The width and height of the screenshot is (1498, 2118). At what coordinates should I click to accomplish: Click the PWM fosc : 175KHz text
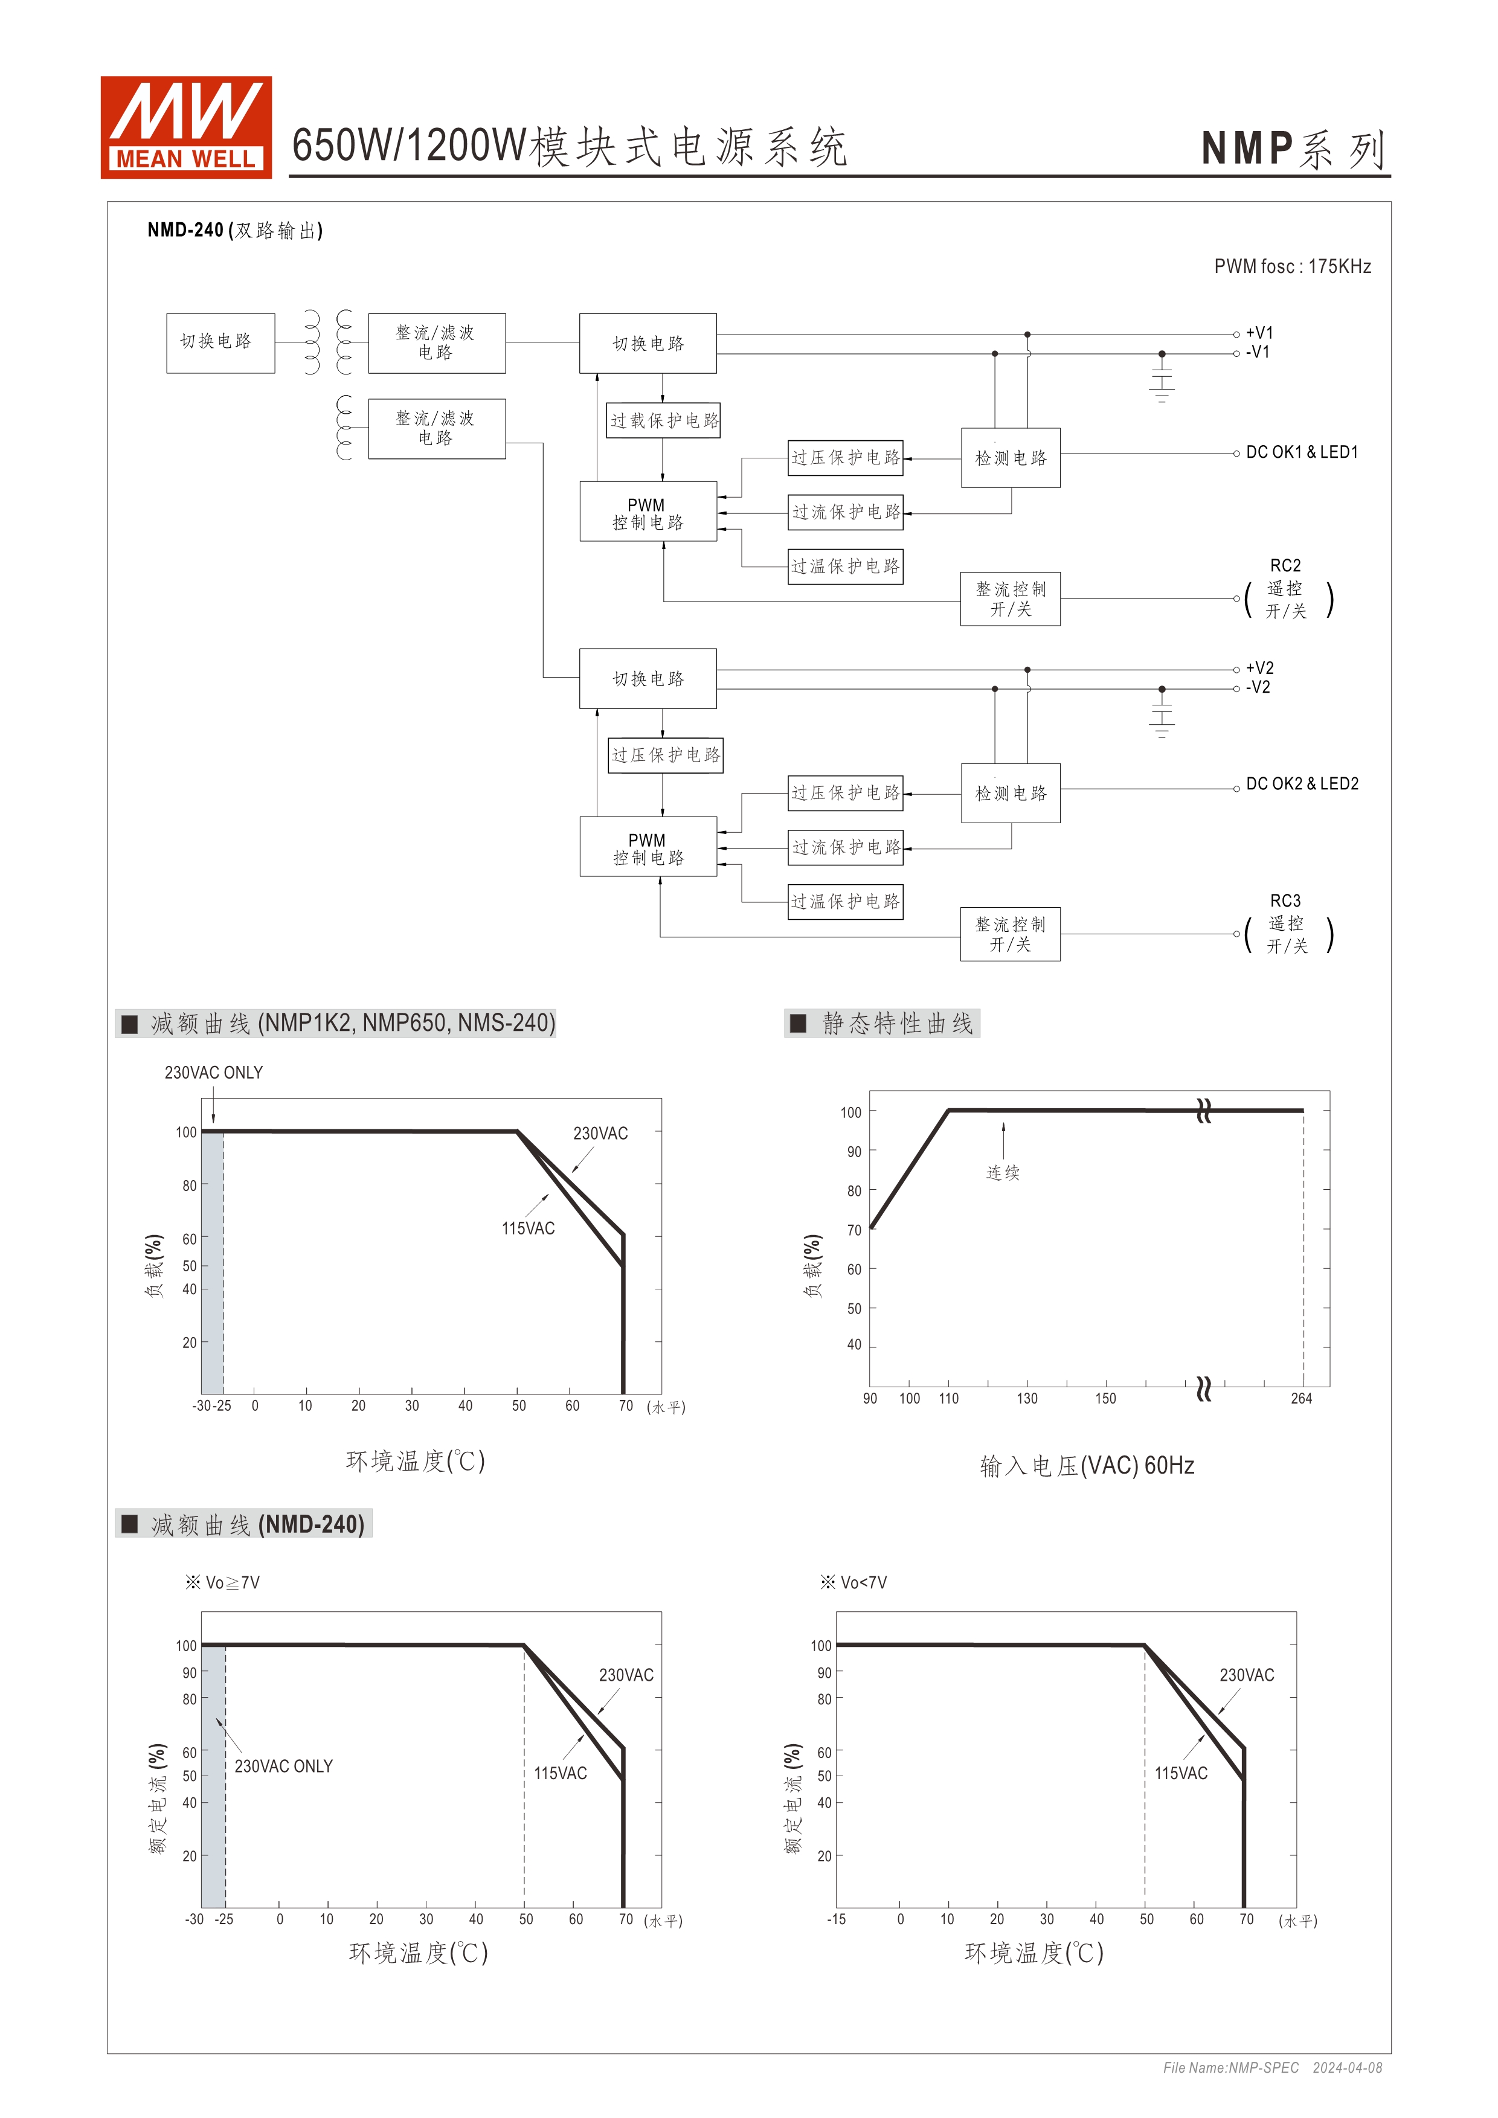(x=1291, y=266)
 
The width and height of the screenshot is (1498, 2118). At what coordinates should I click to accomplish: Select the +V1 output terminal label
(x=1259, y=333)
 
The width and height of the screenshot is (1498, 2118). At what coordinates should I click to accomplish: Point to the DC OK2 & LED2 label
(x=1302, y=784)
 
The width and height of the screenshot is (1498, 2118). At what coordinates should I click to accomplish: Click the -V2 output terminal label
(x=1258, y=687)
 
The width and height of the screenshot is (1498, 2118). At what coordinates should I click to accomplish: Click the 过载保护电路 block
(x=663, y=421)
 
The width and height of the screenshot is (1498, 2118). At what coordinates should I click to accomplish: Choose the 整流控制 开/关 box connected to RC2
(x=1010, y=598)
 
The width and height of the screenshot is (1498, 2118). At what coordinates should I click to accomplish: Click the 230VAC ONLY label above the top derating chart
(x=213, y=1073)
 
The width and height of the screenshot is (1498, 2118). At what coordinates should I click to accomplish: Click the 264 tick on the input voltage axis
(x=1300, y=1399)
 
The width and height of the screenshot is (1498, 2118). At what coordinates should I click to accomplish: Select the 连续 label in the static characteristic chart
(x=1003, y=1172)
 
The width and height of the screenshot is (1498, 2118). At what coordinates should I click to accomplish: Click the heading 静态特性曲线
(x=896, y=1023)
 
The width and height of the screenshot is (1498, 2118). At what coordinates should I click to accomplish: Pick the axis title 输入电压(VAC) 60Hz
(x=1087, y=1466)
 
